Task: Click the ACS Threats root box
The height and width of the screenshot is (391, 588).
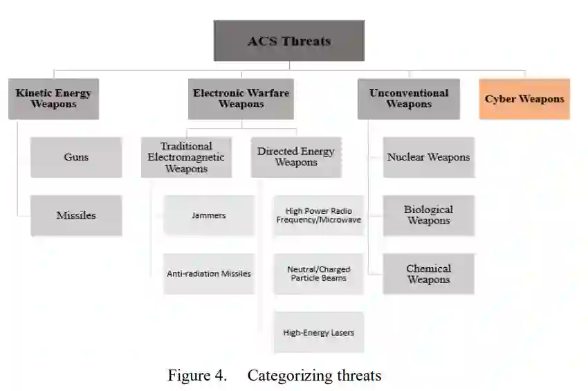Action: click(288, 40)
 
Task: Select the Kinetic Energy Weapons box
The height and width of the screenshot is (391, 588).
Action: click(53, 99)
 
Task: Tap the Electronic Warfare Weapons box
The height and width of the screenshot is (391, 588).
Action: click(241, 99)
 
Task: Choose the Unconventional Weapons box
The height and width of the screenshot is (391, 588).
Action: click(408, 99)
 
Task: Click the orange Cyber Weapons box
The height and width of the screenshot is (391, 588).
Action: click(524, 99)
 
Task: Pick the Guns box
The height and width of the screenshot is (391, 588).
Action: click(76, 157)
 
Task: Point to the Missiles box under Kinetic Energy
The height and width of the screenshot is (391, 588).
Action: click(76, 215)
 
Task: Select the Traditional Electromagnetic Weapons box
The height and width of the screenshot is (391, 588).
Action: click(186, 157)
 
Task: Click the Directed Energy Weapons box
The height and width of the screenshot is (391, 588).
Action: click(296, 157)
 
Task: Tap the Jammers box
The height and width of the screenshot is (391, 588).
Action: click(208, 215)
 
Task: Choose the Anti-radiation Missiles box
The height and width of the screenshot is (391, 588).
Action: click(208, 273)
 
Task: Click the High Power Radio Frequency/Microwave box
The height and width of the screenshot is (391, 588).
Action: click(318, 215)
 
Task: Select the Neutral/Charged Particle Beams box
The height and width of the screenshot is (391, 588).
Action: click(318, 273)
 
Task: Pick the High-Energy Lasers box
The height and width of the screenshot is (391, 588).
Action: click(318, 332)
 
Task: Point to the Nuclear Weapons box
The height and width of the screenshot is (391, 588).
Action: click(428, 157)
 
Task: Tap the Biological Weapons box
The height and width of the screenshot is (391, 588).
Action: click(428, 215)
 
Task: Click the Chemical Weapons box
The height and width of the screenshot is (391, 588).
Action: click(428, 273)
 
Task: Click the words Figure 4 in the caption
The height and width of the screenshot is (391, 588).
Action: click(197, 376)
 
